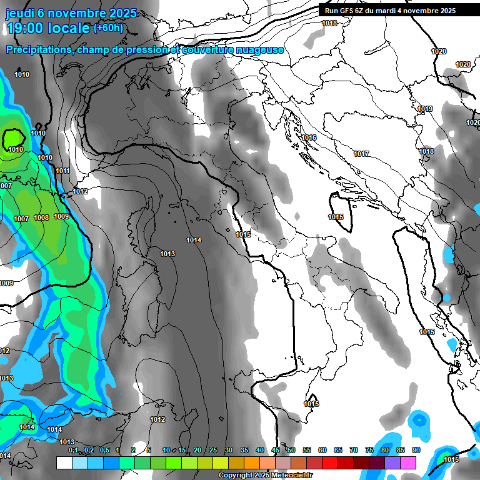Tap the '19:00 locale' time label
tap(47, 28)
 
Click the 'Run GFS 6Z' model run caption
tap(344, 11)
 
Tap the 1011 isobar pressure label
tap(62, 171)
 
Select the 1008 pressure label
tap(41, 217)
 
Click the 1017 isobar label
tap(361, 154)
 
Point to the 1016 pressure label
tap(309, 137)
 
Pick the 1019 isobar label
tap(425, 109)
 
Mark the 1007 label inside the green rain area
tap(21, 219)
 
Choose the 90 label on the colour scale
tap(416, 450)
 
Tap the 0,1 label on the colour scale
tap(73, 450)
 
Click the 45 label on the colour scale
tap(276, 450)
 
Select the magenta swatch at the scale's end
tap(408, 462)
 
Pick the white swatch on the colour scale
tap(64, 462)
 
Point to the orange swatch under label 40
tap(252, 462)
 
